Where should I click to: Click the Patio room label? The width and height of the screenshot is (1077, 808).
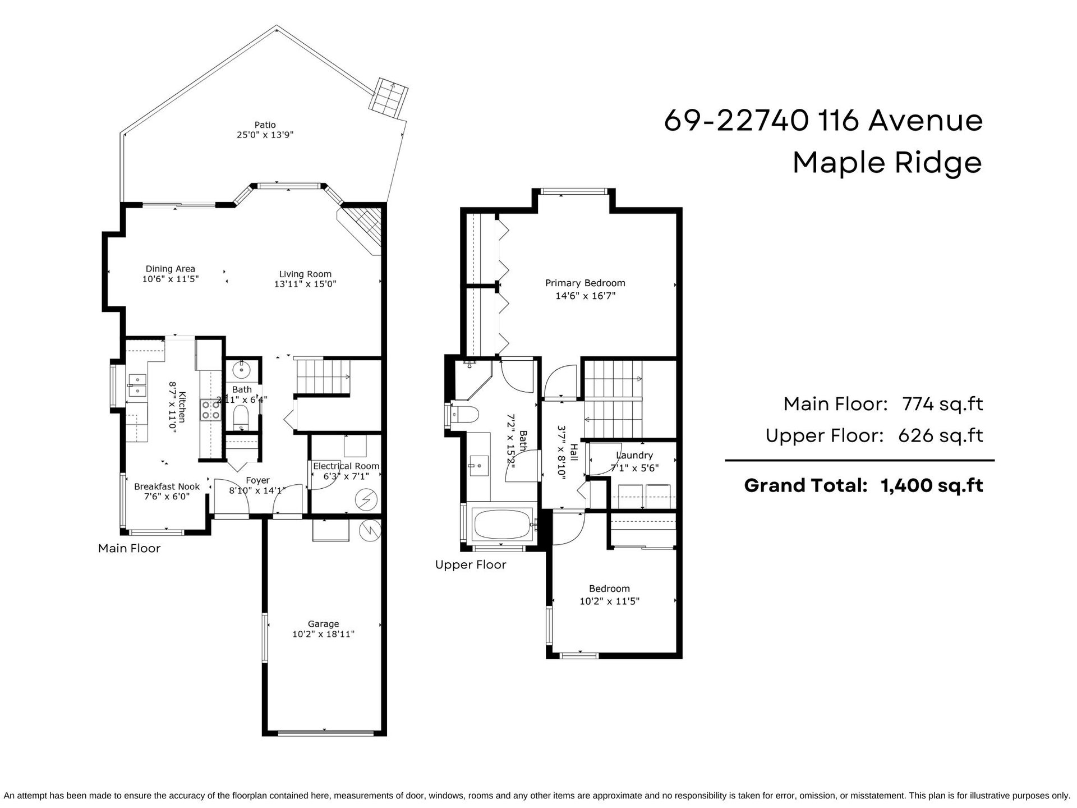[265, 125]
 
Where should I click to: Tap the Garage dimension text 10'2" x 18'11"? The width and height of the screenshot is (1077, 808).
[323, 635]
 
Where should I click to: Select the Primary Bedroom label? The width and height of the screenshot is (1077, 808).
[585, 283]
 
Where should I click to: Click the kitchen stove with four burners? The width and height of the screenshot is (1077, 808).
[210, 409]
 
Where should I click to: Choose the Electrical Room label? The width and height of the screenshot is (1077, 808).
[346, 466]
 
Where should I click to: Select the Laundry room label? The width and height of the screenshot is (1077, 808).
[634, 456]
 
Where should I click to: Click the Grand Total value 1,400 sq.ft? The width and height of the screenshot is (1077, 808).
[932, 485]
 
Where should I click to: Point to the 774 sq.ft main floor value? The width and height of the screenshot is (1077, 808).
[942, 404]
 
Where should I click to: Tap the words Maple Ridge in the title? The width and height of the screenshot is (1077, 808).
[887, 163]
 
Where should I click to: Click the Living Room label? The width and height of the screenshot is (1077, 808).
[305, 274]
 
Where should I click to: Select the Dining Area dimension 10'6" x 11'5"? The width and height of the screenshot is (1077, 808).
[171, 279]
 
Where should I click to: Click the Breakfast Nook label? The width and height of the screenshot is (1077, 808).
[167, 486]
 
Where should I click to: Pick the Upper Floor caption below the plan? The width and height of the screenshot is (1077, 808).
[471, 565]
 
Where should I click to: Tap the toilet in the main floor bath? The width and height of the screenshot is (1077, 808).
[241, 417]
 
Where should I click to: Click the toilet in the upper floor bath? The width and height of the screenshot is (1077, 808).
[466, 415]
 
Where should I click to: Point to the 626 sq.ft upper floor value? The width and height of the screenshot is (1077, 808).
[941, 436]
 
